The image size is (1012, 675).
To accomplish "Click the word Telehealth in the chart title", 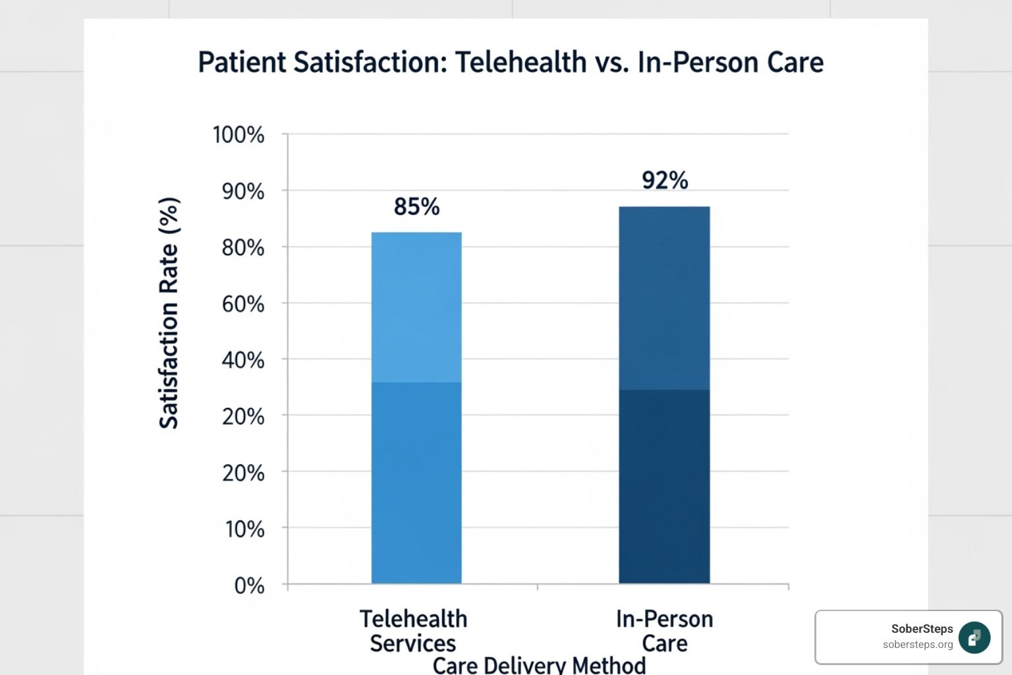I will pyautogui.click(x=520, y=63).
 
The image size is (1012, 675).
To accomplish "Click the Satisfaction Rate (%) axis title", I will pyautogui.click(x=169, y=312).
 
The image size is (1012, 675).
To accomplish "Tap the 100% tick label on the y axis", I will pyautogui.click(x=238, y=135).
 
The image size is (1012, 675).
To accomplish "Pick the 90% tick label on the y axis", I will pyautogui.click(x=242, y=192).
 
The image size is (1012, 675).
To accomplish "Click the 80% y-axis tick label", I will pyautogui.click(x=242, y=248).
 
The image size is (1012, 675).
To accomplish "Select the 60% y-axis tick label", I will pyautogui.click(x=242, y=304).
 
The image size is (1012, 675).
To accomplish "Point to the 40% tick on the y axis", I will pyautogui.click(x=242, y=360).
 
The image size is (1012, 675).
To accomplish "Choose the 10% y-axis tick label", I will pyautogui.click(x=244, y=529).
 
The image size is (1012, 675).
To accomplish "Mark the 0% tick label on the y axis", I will pyautogui.click(x=249, y=585).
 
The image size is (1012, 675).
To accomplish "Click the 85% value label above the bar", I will pyautogui.click(x=416, y=207).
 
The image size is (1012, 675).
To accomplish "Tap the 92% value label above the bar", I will pyautogui.click(x=665, y=181).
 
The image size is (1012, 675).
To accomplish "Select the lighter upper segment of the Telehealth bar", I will pyautogui.click(x=416, y=307).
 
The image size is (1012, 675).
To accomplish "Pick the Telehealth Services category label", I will pyautogui.click(x=413, y=631).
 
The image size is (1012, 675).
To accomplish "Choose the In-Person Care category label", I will pyautogui.click(x=664, y=631).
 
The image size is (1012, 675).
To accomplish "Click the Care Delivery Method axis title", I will pyautogui.click(x=539, y=665).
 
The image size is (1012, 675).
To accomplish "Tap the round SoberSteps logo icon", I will pyautogui.click(x=974, y=637).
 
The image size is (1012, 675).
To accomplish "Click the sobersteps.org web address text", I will pyautogui.click(x=918, y=645).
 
